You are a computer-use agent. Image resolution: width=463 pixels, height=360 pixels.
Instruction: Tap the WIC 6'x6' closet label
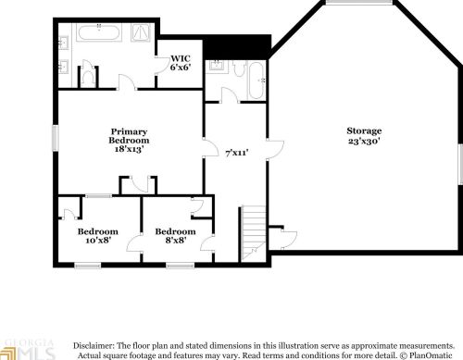click(x=181, y=63)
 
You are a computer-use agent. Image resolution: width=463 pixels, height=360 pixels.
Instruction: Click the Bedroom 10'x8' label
click(x=97, y=236)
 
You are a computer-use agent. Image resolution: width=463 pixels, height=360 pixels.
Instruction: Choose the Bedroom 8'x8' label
click(x=175, y=236)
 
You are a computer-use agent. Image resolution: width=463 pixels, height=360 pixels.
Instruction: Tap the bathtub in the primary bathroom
click(x=98, y=34)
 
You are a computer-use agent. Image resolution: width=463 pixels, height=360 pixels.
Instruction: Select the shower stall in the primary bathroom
click(x=140, y=34)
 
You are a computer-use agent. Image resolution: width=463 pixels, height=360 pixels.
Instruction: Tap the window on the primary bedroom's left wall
click(x=55, y=137)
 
